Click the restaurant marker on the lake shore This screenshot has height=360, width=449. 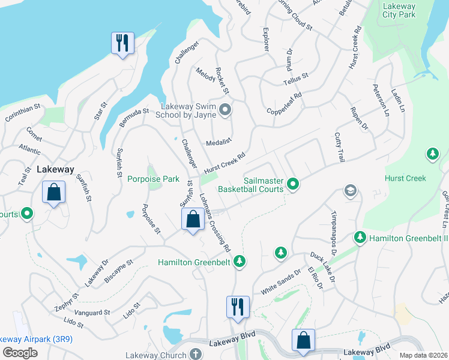point(122,43)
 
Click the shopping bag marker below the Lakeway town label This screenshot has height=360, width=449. point(53,193)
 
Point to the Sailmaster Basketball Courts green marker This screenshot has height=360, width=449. point(292,184)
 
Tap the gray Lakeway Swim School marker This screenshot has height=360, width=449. point(225,109)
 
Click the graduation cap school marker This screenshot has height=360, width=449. point(350,191)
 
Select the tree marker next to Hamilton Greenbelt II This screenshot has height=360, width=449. point(360,238)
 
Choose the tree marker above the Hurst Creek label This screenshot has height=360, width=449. point(432,154)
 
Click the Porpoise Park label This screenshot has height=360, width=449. point(153,179)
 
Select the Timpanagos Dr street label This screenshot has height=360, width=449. point(334,230)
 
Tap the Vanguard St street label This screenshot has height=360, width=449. point(92,313)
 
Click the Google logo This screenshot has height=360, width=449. point(20,353)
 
